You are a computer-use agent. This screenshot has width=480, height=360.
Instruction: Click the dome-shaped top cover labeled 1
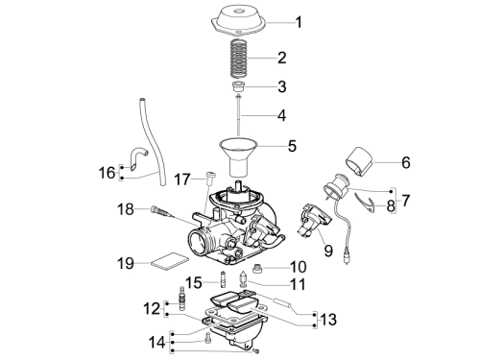click(238, 20)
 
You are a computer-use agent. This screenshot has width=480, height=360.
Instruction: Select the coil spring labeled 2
click(239, 59)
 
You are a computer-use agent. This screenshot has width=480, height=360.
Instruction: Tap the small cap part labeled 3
click(238, 86)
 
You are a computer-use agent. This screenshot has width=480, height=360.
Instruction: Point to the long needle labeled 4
click(238, 115)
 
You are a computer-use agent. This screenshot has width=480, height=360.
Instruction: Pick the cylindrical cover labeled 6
click(359, 162)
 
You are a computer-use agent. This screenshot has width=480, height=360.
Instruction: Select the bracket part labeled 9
click(314, 221)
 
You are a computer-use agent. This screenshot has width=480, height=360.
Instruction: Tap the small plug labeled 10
click(257, 268)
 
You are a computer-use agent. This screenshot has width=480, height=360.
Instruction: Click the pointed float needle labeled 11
click(244, 278)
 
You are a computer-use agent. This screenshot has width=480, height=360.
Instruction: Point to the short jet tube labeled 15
click(223, 279)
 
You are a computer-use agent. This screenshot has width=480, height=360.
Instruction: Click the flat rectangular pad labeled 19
click(168, 262)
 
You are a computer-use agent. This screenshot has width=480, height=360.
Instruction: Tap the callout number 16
click(107, 173)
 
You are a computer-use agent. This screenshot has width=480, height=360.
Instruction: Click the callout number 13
click(328, 320)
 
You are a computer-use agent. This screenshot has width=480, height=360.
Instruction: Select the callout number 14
click(157, 343)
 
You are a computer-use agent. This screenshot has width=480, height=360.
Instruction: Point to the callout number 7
click(405, 201)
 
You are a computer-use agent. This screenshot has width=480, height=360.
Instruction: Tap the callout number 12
click(152, 309)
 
